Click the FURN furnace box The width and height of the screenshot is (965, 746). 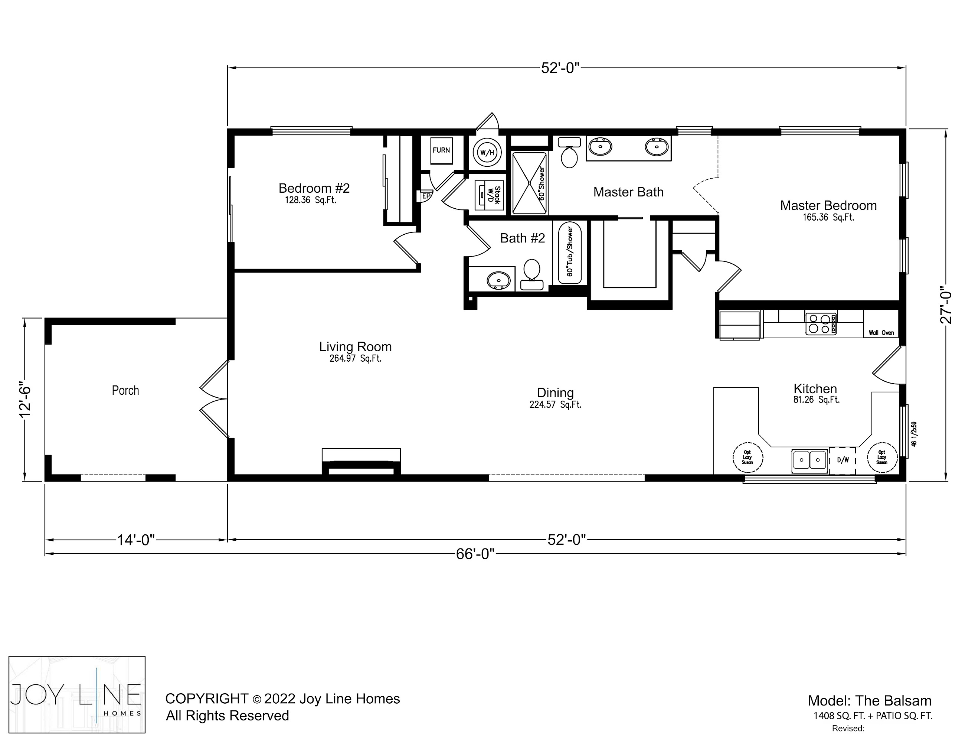pyautogui.click(x=441, y=150)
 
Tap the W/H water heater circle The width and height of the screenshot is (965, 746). pyautogui.click(x=487, y=153)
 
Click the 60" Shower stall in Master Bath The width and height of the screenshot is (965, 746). pyautogui.click(x=529, y=183)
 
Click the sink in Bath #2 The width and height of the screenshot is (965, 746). pyautogui.click(x=499, y=280)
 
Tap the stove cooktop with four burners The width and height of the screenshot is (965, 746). pyautogui.click(x=821, y=324)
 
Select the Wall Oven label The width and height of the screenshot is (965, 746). pyautogui.click(x=881, y=333)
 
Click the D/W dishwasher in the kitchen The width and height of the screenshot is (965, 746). pyautogui.click(x=843, y=460)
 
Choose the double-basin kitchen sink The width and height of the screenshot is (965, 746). pyautogui.click(x=809, y=460)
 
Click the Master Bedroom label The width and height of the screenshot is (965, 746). pyautogui.click(x=828, y=205)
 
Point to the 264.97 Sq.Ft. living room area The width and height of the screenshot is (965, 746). pyautogui.click(x=355, y=358)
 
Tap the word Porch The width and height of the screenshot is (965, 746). pyautogui.click(x=125, y=390)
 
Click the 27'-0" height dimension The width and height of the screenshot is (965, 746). pyautogui.click(x=946, y=305)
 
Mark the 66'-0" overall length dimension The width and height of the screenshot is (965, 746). pyautogui.click(x=475, y=554)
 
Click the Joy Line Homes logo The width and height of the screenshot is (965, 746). pyautogui.click(x=77, y=695)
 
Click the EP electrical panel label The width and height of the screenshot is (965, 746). pyautogui.click(x=426, y=196)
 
